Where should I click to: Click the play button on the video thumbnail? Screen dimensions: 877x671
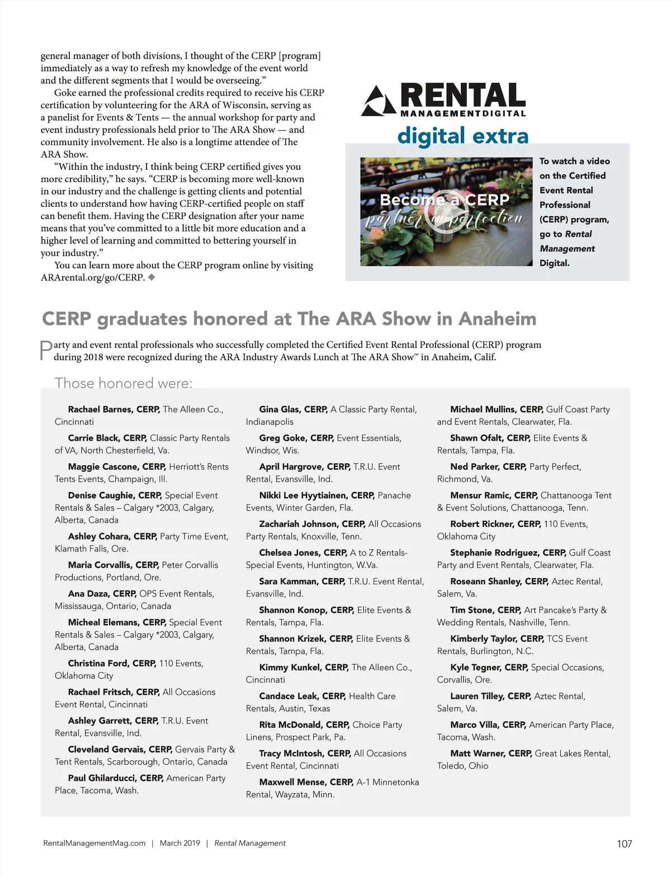[442, 212]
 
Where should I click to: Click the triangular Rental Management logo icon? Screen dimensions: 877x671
[380, 101]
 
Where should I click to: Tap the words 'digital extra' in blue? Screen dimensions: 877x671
[462, 136]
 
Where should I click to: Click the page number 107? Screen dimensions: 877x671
[624, 843]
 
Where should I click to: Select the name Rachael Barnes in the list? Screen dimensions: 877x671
[100, 409]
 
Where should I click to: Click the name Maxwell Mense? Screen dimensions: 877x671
[291, 782]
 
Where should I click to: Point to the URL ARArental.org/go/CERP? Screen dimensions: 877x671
[92, 278]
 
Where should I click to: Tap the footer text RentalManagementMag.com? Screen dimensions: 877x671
[94, 843]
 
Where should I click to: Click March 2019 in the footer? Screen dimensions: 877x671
[179, 843]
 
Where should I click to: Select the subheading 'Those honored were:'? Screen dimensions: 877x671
[123, 383]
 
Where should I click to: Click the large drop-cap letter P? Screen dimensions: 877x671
[46, 350]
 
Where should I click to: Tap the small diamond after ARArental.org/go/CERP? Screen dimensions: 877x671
[152, 277]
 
